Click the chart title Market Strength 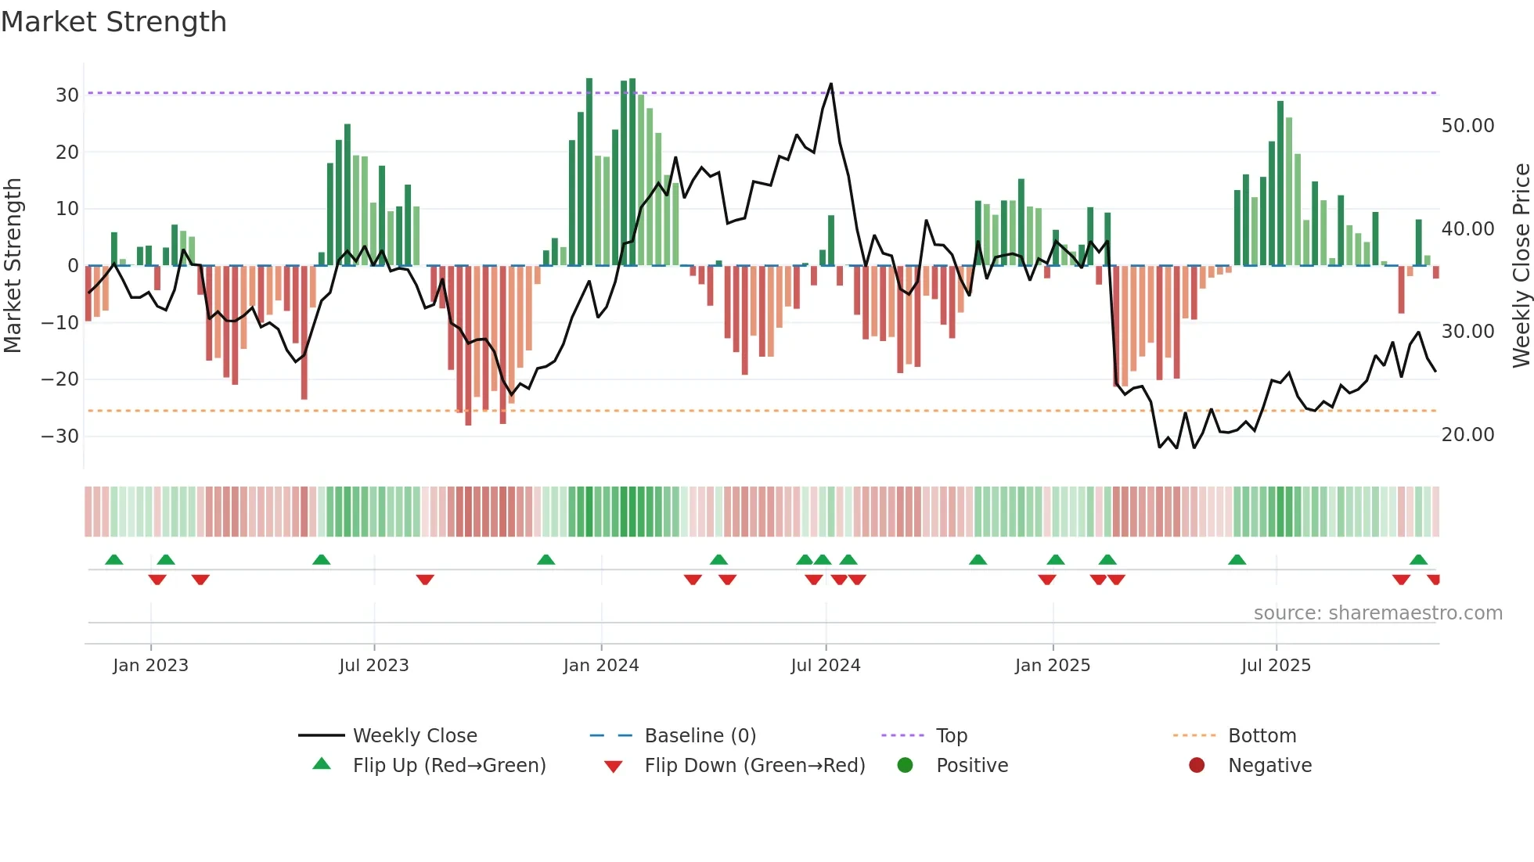114,22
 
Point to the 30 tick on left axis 67,95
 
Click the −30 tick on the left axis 61,436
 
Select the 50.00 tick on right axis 1467,126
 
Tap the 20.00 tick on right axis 1467,435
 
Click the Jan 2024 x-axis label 600,666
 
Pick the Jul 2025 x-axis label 1275,666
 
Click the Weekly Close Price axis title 1521,266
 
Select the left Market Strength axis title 13,266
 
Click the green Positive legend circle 905,766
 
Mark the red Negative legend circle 1196,766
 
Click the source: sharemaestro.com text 1377,613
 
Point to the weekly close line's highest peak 830,84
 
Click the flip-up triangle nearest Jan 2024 546,560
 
